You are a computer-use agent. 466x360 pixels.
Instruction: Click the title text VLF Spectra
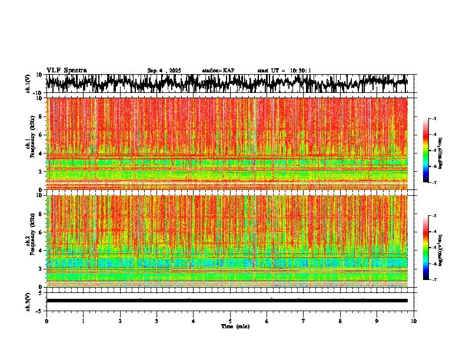(66, 71)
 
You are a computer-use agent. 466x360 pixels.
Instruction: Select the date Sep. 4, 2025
(164, 71)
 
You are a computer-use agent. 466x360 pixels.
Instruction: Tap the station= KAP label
(218, 71)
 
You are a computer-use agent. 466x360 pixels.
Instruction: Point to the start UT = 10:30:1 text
(284, 71)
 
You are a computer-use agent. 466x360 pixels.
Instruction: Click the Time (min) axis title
(235, 326)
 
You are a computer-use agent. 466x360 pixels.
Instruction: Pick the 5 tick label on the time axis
(230, 321)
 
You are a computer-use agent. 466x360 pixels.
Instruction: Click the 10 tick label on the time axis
(414, 321)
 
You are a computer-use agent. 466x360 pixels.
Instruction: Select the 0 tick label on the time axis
(46, 321)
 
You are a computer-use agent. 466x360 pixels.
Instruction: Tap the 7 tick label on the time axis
(304, 321)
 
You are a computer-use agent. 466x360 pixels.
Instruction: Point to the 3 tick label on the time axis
(157, 321)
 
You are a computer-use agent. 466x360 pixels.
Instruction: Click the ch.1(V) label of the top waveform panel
(28, 84)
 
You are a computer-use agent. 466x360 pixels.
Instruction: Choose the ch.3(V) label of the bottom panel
(28, 301)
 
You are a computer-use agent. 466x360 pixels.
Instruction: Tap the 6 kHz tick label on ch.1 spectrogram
(41, 135)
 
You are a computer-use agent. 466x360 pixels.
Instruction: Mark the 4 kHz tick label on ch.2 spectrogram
(41, 251)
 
